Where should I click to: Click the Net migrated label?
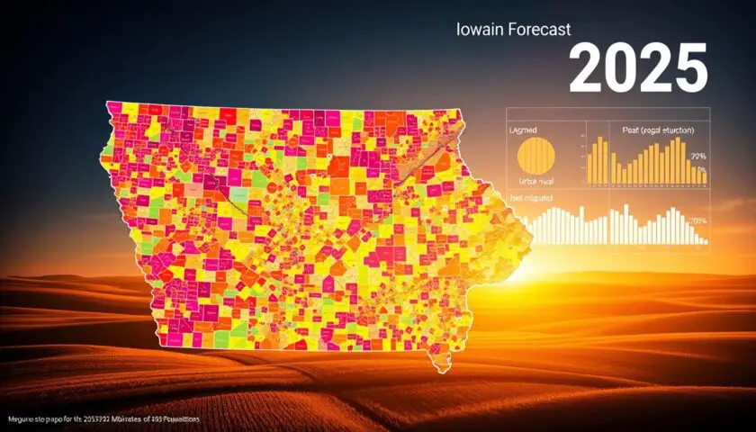531,197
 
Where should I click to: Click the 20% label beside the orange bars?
698,157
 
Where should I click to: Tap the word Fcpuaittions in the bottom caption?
176,420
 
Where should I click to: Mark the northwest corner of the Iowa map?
109,104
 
